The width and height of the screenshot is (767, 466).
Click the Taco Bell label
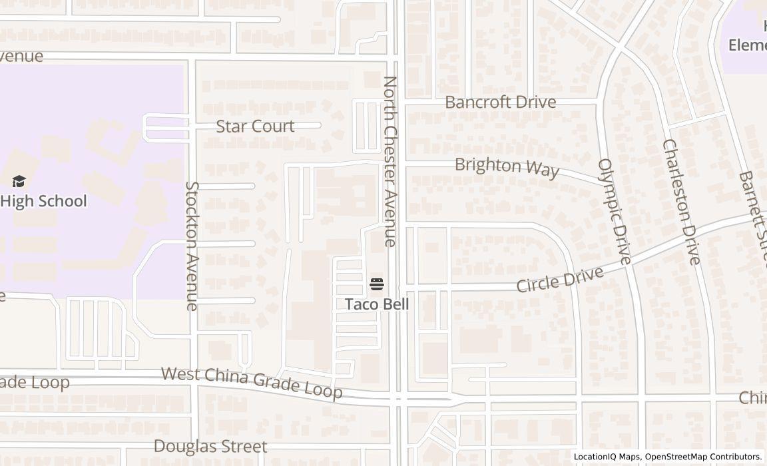377,304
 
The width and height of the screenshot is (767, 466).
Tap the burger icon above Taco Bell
377,285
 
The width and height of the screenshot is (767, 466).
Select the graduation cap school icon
19,181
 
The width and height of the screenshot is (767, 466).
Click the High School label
44,201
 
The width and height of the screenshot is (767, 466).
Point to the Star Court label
255,126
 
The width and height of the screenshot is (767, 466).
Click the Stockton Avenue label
192,246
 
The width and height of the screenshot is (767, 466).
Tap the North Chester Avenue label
390,161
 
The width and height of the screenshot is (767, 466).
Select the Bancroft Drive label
500,102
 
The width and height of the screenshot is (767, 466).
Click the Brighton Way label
507,166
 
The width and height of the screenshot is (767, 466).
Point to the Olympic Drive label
614,211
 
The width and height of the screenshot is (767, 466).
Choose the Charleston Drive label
681,202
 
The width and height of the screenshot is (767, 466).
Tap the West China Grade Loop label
252,381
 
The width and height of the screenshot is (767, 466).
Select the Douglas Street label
210,446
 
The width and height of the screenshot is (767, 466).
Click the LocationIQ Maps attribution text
607,457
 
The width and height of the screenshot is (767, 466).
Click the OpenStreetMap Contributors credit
704,457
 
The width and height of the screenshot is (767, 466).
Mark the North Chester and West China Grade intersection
398,399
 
